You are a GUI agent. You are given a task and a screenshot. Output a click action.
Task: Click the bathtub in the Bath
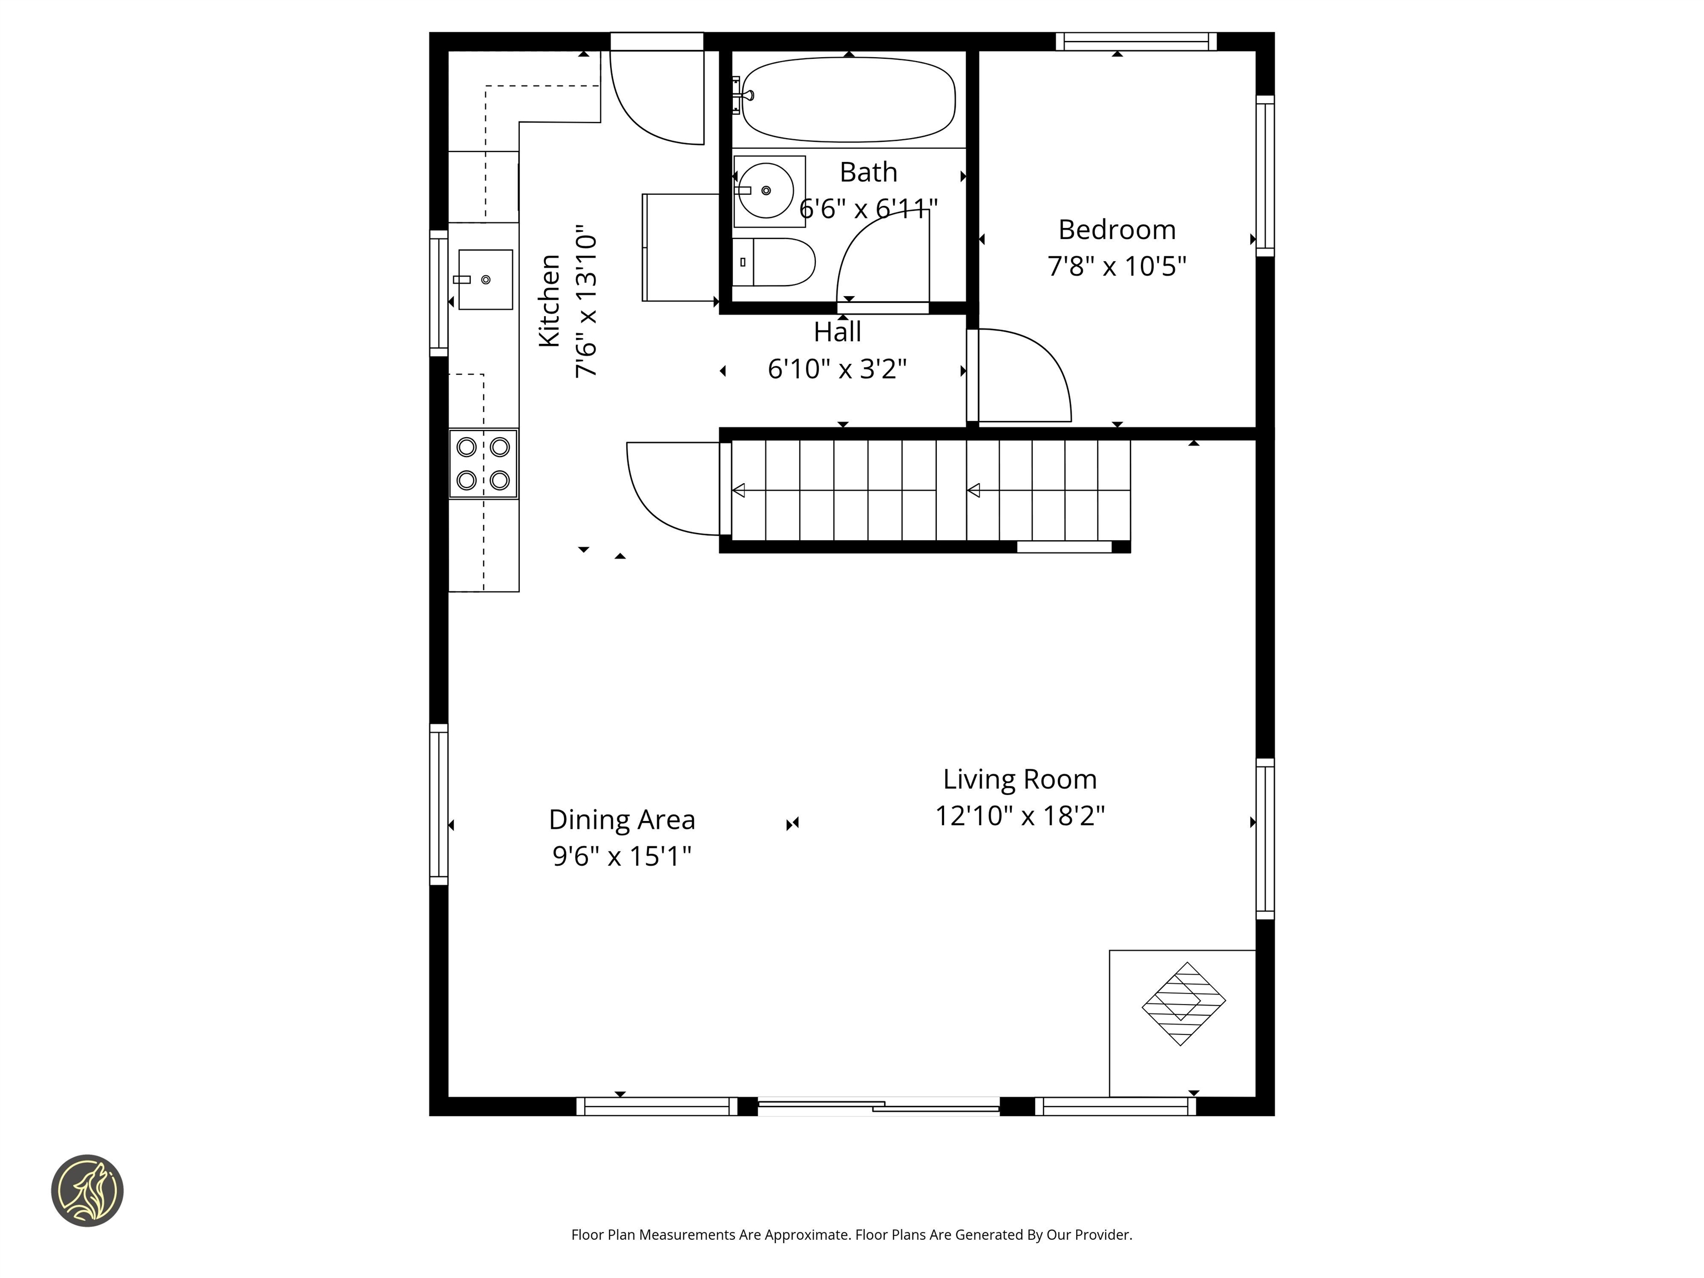[x=848, y=100]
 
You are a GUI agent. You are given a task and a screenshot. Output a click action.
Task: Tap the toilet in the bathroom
[x=774, y=262]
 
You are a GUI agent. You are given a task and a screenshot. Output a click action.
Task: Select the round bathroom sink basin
[x=765, y=190]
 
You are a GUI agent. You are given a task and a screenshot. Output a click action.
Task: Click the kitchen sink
[x=485, y=279]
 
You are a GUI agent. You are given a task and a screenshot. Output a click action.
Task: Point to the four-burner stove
[x=483, y=464]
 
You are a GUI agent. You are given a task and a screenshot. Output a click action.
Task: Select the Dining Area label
[x=622, y=820]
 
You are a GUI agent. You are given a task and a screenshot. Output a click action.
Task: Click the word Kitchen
[x=549, y=301]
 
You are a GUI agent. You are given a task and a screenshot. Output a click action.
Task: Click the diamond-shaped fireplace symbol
[x=1183, y=1004]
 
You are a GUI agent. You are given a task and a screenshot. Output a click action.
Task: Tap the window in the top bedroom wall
[x=1135, y=42]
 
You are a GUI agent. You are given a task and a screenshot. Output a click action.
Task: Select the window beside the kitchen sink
[x=438, y=293]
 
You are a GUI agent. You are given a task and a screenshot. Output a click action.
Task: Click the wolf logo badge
[x=87, y=1190]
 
